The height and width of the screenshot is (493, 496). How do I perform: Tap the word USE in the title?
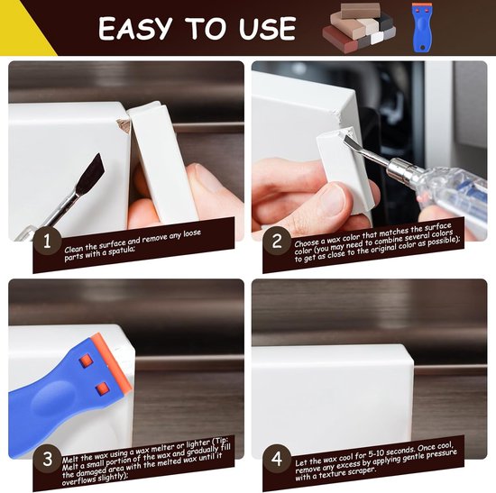point(266,29)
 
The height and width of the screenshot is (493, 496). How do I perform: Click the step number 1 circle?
point(47,241)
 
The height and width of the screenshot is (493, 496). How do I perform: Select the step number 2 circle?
point(277,241)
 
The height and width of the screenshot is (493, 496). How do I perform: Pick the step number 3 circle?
point(47,458)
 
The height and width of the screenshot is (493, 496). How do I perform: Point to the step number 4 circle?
point(277,458)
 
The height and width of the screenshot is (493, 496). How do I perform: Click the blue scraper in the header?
point(422,28)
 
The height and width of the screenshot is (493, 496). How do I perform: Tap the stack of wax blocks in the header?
point(359,27)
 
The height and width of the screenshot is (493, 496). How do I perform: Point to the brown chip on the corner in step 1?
point(124,125)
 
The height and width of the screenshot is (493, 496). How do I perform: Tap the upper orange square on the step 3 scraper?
point(86,361)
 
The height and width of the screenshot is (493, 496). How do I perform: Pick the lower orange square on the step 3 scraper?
point(102,388)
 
